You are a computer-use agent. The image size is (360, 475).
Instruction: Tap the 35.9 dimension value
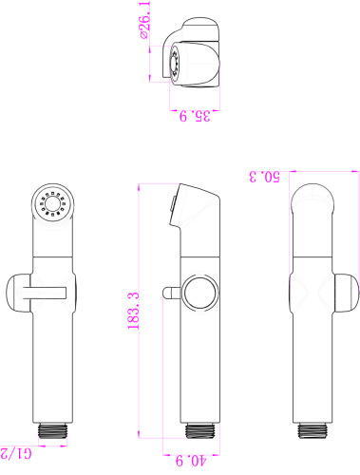(196, 116)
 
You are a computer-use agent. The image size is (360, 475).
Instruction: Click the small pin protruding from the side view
(169, 292)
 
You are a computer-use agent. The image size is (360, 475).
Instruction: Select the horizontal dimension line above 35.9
(197, 104)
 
